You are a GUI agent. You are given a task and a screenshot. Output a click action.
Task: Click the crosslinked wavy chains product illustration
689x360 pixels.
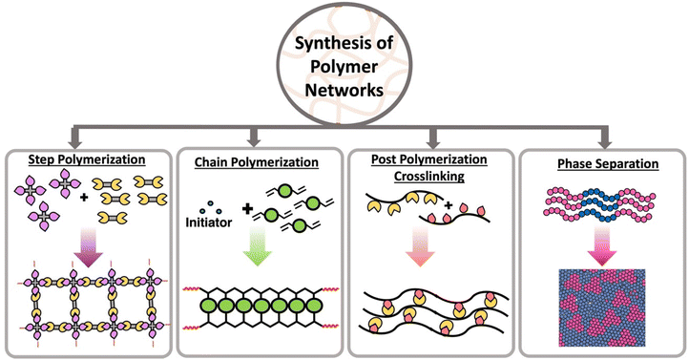point(428,310)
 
